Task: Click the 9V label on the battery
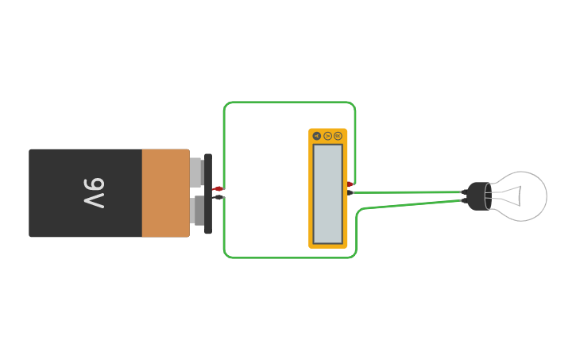tap(94, 193)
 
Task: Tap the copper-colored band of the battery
tap(165, 193)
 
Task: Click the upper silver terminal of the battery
tap(196, 172)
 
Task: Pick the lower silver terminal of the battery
tap(196, 211)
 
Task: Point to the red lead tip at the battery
tap(218, 189)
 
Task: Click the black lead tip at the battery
tap(218, 196)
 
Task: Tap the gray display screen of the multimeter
tap(327, 193)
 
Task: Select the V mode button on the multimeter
tap(327, 136)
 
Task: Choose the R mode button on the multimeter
tap(338, 136)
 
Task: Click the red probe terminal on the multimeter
tap(350, 184)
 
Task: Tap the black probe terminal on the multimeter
tap(350, 192)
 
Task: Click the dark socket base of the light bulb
tap(478, 195)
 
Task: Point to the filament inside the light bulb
tap(512, 195)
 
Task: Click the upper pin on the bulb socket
tap(464, 192)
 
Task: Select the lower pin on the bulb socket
tap(464, 200)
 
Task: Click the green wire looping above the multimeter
tap(290, 103)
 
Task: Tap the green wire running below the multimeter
tap(290, 257)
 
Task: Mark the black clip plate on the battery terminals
tap(208, 193)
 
